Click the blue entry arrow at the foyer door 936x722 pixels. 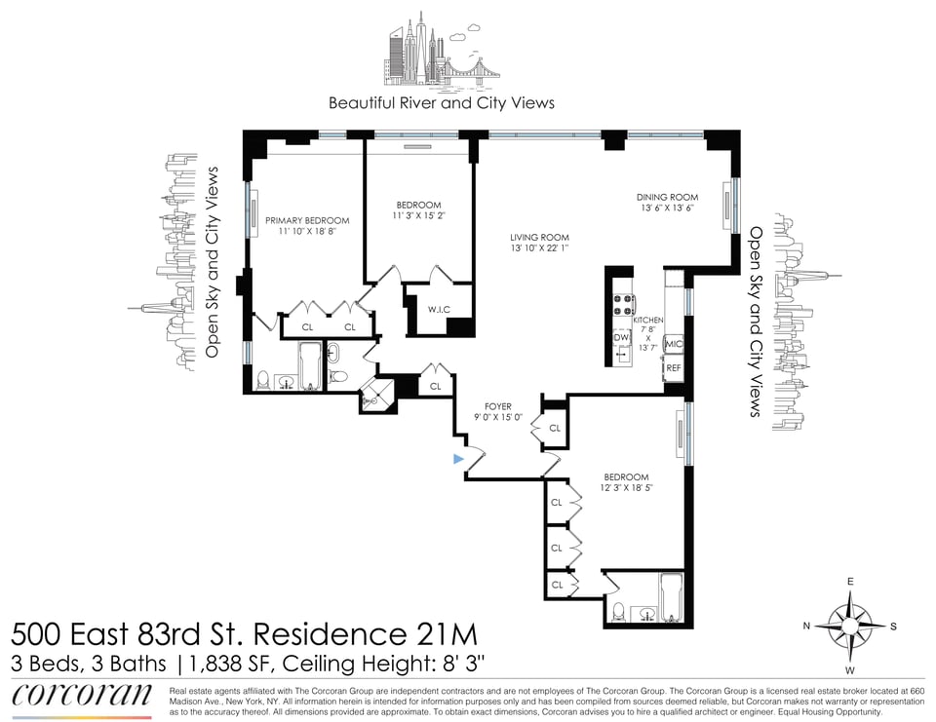point(458,459)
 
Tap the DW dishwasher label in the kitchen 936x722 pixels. point(621,337)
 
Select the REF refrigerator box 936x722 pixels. point(674,368)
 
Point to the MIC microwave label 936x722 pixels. point(674,344)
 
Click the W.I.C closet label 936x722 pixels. point(439,310)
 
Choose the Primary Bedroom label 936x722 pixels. point(307,220)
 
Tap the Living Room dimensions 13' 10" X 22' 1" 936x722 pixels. point(539,247)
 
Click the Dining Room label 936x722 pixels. point(667,198)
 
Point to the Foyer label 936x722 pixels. point(498,407)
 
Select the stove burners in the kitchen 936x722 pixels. point(623,306)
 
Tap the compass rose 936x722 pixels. point(850,626)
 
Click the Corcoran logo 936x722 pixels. point(81,696)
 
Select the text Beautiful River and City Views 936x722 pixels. point(442,103)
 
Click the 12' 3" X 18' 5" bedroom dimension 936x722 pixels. point(626,487)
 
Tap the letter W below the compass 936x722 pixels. point(849,670)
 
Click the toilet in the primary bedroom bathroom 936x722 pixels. point(262,380)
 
